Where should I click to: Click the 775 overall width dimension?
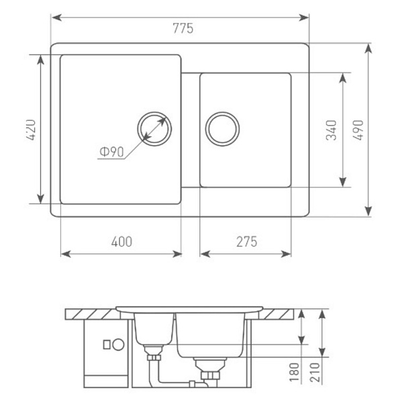click(x=183, y=28)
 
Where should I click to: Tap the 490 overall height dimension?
click(x=358, y=130)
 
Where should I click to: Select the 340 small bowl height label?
click(x=331, y=130)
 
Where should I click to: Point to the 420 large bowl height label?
click(x=32, y=130)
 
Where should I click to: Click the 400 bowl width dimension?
click(x=121, y=242)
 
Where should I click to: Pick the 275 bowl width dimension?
click(x=246, y=242)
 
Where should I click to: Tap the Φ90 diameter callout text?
click(x=111, y=152)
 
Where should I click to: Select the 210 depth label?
click(x=315, y=372)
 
